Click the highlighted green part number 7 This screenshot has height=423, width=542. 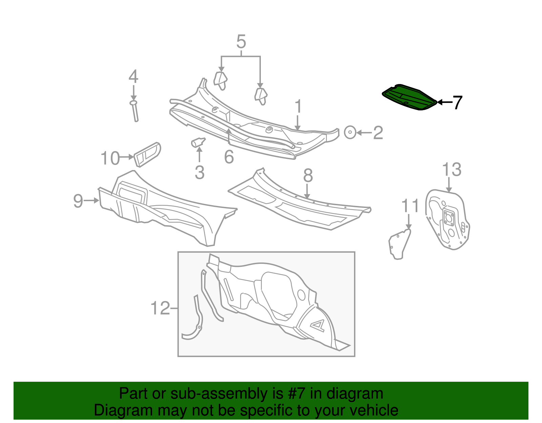point(409,98)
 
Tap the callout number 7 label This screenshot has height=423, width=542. point(457,102)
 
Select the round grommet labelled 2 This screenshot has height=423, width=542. point(350,132)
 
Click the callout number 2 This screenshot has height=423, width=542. point(378,133)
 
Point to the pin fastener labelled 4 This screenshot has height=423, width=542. point(134,111)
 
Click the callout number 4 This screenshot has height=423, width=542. point(133,77)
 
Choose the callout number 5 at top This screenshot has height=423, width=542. point(241,42)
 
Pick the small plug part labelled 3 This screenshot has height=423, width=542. point(198,143)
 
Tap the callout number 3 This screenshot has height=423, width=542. point(200,172)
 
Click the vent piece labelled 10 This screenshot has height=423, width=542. point(148,154)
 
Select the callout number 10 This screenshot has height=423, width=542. point(110,158)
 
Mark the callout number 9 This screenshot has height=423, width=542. point(78,201)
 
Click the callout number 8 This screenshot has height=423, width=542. point(308,176)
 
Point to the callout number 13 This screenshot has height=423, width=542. point(452,169)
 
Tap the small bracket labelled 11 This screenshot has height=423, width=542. point(399,244)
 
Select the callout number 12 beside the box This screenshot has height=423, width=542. point(160,308)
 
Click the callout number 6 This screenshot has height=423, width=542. point(229,157)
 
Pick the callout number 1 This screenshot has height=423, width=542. point(298,106)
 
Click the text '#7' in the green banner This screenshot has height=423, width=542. point(297,394)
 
